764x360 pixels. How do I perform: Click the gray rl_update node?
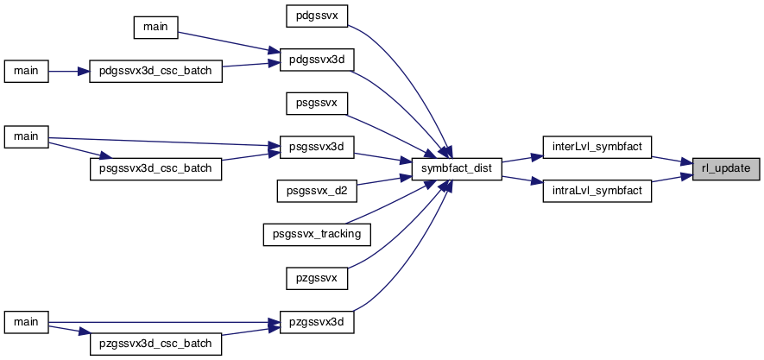coord(726,169)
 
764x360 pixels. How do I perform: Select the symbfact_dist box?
coord(457,169)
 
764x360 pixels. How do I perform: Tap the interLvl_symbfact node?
coord(597,147)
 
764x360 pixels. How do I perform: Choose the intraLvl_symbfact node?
coord(597,191)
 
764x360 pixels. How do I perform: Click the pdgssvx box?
coord(317,16)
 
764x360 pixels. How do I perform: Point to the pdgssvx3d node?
coord(317,60)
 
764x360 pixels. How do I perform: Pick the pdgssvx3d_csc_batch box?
coord(156,71)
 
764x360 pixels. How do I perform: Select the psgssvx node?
coord(317,104)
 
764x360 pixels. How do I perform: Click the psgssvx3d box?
coord(317,147)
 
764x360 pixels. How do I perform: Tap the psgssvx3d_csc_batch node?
coord(156,169)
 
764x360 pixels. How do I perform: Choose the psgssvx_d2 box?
coord(317,191)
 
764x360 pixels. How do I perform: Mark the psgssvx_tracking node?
coord(317,234)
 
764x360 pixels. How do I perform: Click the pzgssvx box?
coord(317,279)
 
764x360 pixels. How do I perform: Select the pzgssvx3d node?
coord(317,323)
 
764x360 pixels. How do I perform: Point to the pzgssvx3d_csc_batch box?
coord(156,344)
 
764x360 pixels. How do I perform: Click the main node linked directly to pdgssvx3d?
coord(156,28)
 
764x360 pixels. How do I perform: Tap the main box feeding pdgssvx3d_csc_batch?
coord(26,71)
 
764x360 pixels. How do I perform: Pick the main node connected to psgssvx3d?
coord(26,136)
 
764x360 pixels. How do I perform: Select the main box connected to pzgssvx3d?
coord(26,323)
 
